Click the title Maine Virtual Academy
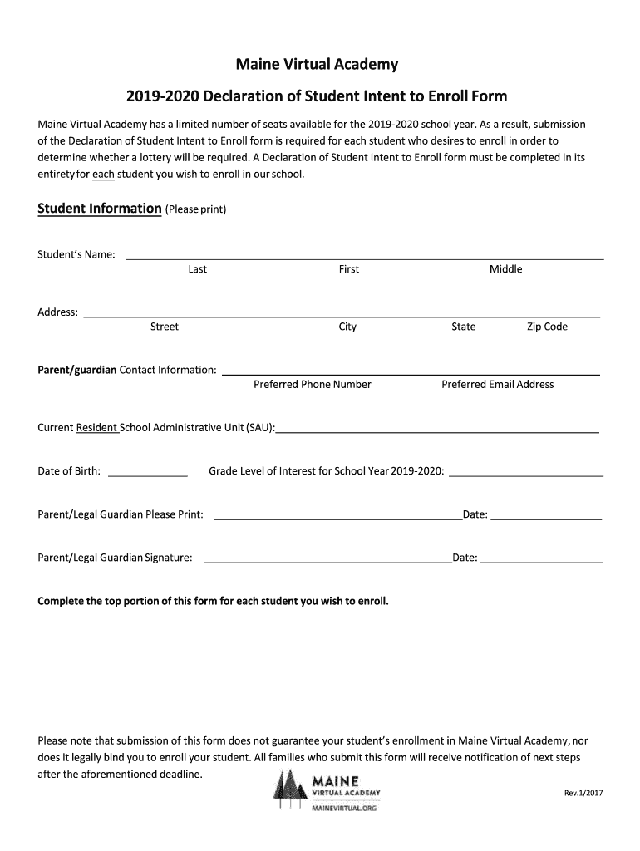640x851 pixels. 315,64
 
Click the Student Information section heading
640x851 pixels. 100,209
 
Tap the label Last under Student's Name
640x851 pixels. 198,269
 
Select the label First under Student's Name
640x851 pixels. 349,269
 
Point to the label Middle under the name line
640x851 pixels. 505,269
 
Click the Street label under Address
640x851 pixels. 164,327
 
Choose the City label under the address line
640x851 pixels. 347,327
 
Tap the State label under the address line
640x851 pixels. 464,327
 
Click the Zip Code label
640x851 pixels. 547,327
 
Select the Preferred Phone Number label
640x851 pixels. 312,384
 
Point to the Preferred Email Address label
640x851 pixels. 497,384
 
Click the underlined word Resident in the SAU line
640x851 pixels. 97,428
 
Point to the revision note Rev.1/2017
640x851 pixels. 583,793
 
